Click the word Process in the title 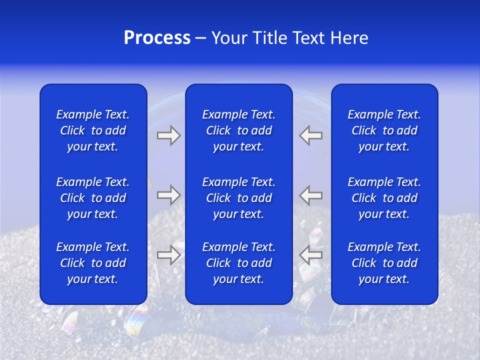157,38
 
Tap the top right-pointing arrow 168,135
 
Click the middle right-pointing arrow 168,195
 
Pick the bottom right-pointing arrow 168,255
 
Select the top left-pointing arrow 311,135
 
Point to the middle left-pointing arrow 311,195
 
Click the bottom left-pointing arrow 311,255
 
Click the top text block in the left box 93,130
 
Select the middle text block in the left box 93,198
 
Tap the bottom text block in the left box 93,263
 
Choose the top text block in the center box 238,130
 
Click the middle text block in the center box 238,198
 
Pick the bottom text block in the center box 238,263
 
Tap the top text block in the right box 384,130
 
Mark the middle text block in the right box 384,198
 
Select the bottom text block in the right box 384,263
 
